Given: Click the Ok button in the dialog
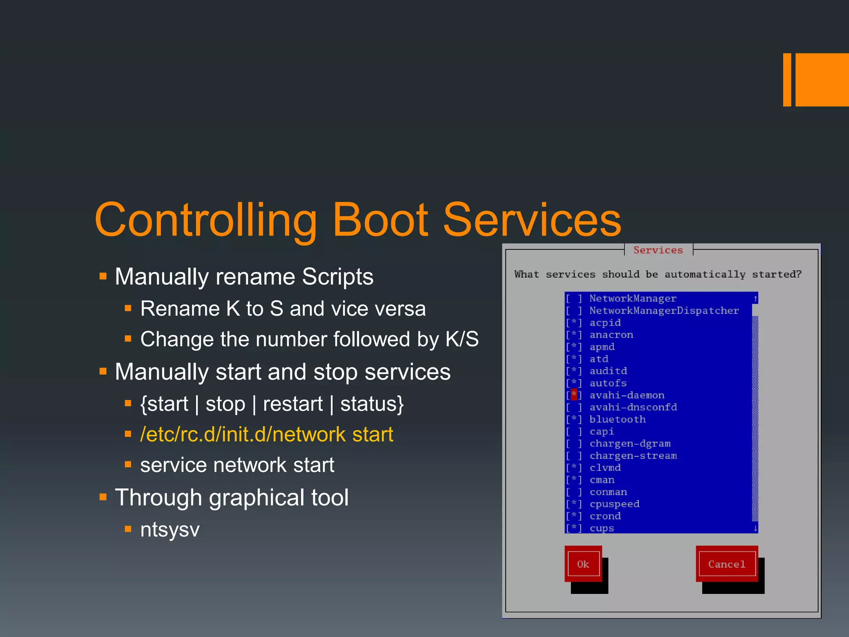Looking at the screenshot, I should [x=583, y=564].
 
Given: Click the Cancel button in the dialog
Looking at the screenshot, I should [x=727, y=564].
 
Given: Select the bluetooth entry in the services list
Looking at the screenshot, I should [x=617, y=419].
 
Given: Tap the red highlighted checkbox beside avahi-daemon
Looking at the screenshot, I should [x=574, y=395].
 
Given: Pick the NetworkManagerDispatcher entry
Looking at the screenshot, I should [x=664, y=311].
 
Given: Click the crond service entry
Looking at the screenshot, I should [x=605, y=516].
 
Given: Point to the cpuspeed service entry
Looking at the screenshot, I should [x=614, y=504].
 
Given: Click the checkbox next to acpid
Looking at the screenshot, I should [x=574, y=323].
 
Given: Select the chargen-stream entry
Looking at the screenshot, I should [x=633, y=455].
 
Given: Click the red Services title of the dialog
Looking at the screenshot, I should [x=658, y=250].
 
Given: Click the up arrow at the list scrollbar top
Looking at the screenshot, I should [x=755, y=299].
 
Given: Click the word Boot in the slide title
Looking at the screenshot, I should [x=380, y=220].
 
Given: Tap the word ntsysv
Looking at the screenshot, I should [x=170, y=530].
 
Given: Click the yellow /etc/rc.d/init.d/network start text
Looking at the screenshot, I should [x=267, y=435].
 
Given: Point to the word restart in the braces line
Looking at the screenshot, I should [x=293, y=404].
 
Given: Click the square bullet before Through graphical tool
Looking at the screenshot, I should [x=103, y=497].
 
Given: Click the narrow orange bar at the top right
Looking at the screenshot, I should [x=787, y=80].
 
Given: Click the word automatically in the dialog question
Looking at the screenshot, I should [x=705, y=275].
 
